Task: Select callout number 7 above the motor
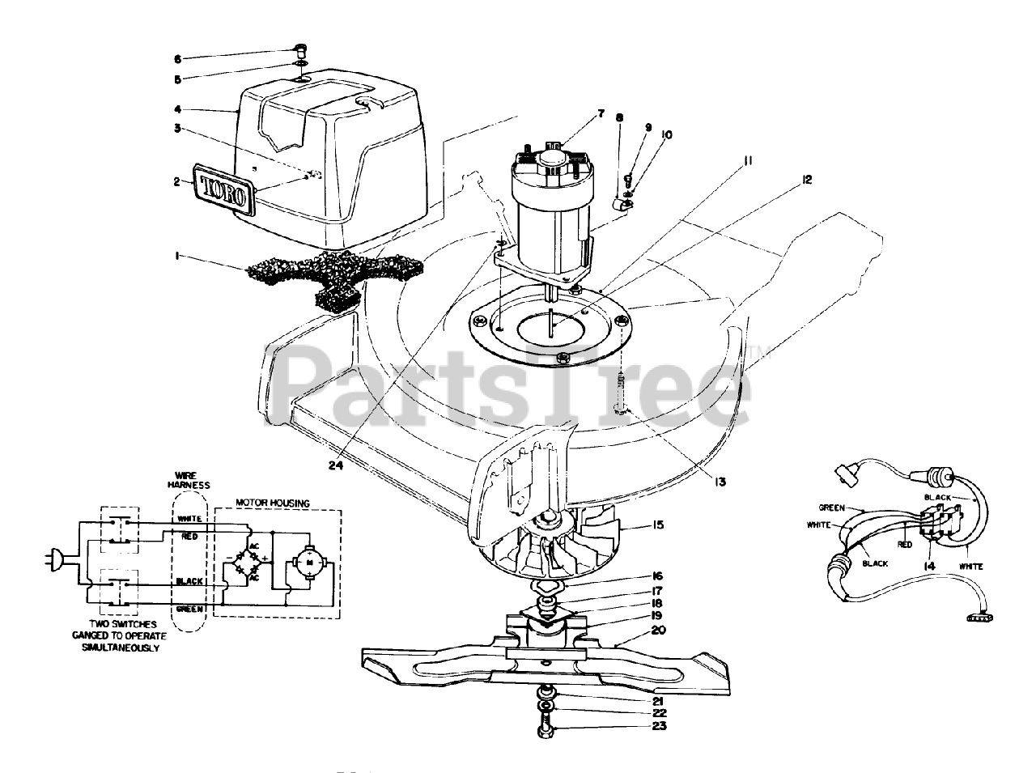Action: pos(601,114)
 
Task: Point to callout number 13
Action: pos(719,482)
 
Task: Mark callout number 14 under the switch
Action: pos(929,567)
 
